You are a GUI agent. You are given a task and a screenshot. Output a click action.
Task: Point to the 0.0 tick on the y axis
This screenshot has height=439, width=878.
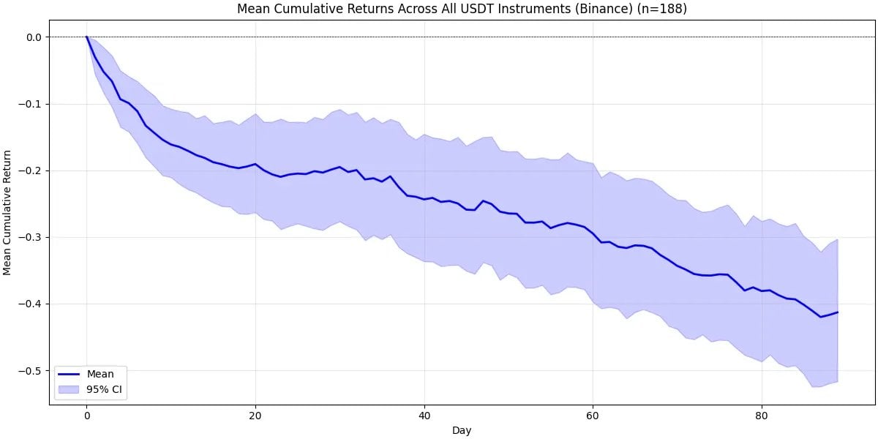pos(34,37)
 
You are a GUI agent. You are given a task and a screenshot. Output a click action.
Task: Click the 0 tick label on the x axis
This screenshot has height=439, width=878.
pos(86,414)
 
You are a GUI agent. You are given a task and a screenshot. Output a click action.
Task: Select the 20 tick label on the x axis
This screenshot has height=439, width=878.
pos(255,414)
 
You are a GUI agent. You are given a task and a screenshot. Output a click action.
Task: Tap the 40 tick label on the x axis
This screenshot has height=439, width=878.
pos(424,414)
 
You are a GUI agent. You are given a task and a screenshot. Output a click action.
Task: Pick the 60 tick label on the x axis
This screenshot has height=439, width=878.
pos(593,414)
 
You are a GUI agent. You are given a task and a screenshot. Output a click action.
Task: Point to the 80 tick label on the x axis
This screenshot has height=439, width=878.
pos(762,414)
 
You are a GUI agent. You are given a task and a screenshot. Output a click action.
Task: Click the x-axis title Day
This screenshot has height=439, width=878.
pos(462,430)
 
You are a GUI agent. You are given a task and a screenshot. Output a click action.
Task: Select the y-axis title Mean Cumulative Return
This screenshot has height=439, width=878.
pos(8,212)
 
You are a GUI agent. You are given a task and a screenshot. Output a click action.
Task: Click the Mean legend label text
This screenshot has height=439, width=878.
pos(100,374)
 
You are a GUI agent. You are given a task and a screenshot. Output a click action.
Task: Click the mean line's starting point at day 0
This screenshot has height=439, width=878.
pos(86,37)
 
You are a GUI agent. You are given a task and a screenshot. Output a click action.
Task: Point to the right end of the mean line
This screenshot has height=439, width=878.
pos(838,312)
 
